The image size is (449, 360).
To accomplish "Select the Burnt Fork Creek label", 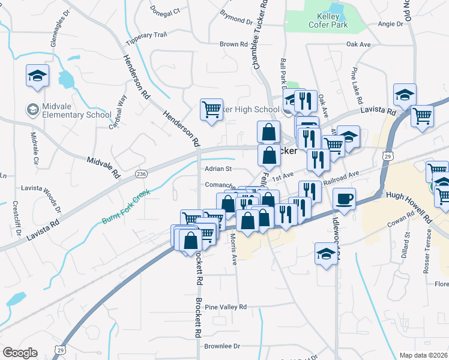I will point(125,207).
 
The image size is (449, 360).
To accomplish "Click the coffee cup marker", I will point(344,199).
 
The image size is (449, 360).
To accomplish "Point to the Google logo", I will point(19,352).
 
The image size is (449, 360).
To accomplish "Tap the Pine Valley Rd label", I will point(226,307).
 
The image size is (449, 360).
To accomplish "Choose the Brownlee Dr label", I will point(221,346).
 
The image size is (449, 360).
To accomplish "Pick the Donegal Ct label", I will point(165,12).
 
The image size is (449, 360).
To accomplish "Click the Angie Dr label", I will point(391,24).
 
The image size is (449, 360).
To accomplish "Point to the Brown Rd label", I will point(234,44).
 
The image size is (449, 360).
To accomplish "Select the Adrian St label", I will point(218,169).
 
